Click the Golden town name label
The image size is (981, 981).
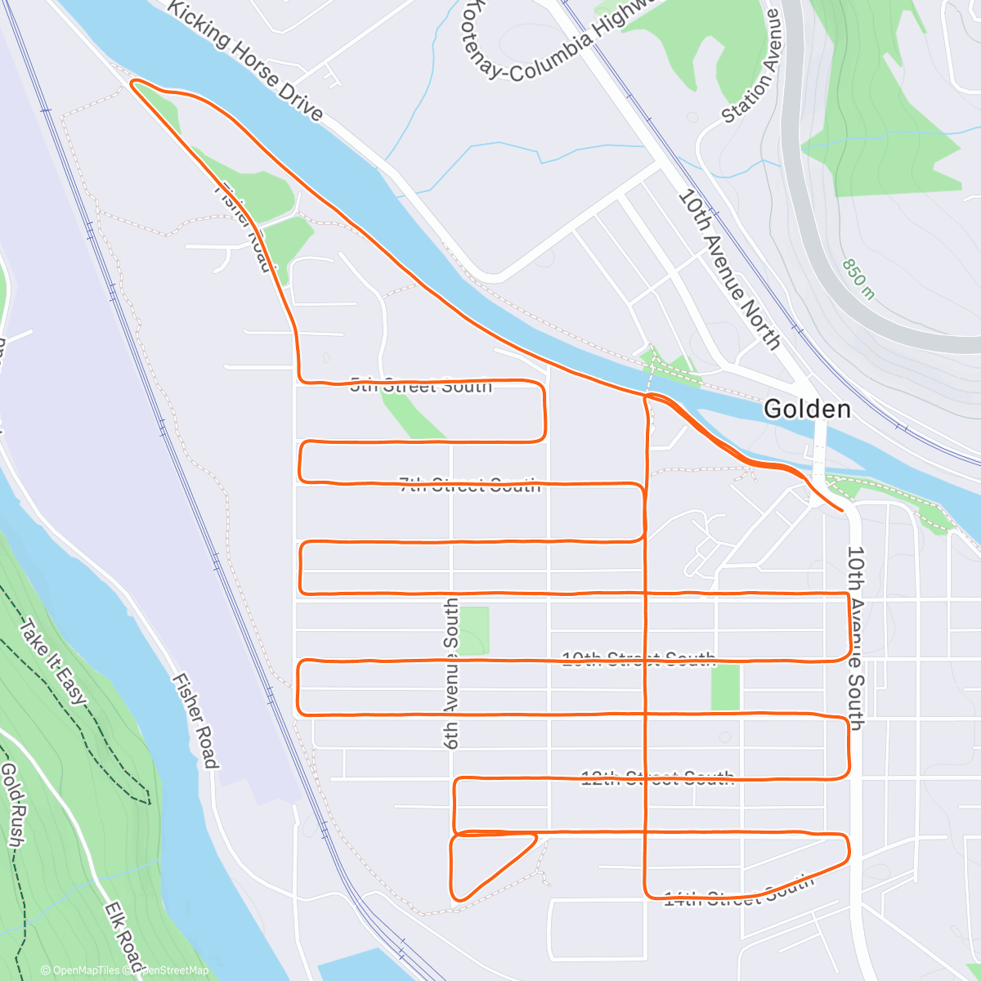pyautogui.click(x=807, y=410)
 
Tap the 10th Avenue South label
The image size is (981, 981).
pyautogui.click(x=855, y=638)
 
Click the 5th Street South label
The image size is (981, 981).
pyautogui.click(x=421, y=386)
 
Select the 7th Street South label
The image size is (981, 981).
pyautogui.click(x=470, y=486)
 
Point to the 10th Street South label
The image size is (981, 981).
pyautogui.click(x=638, y=659)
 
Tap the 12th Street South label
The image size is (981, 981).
pyautogui.click(x=657, y=778)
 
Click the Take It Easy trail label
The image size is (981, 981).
pyautogui.click(x=52, y=662)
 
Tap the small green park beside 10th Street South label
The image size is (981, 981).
pyautogui.click(x=725, y=687)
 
